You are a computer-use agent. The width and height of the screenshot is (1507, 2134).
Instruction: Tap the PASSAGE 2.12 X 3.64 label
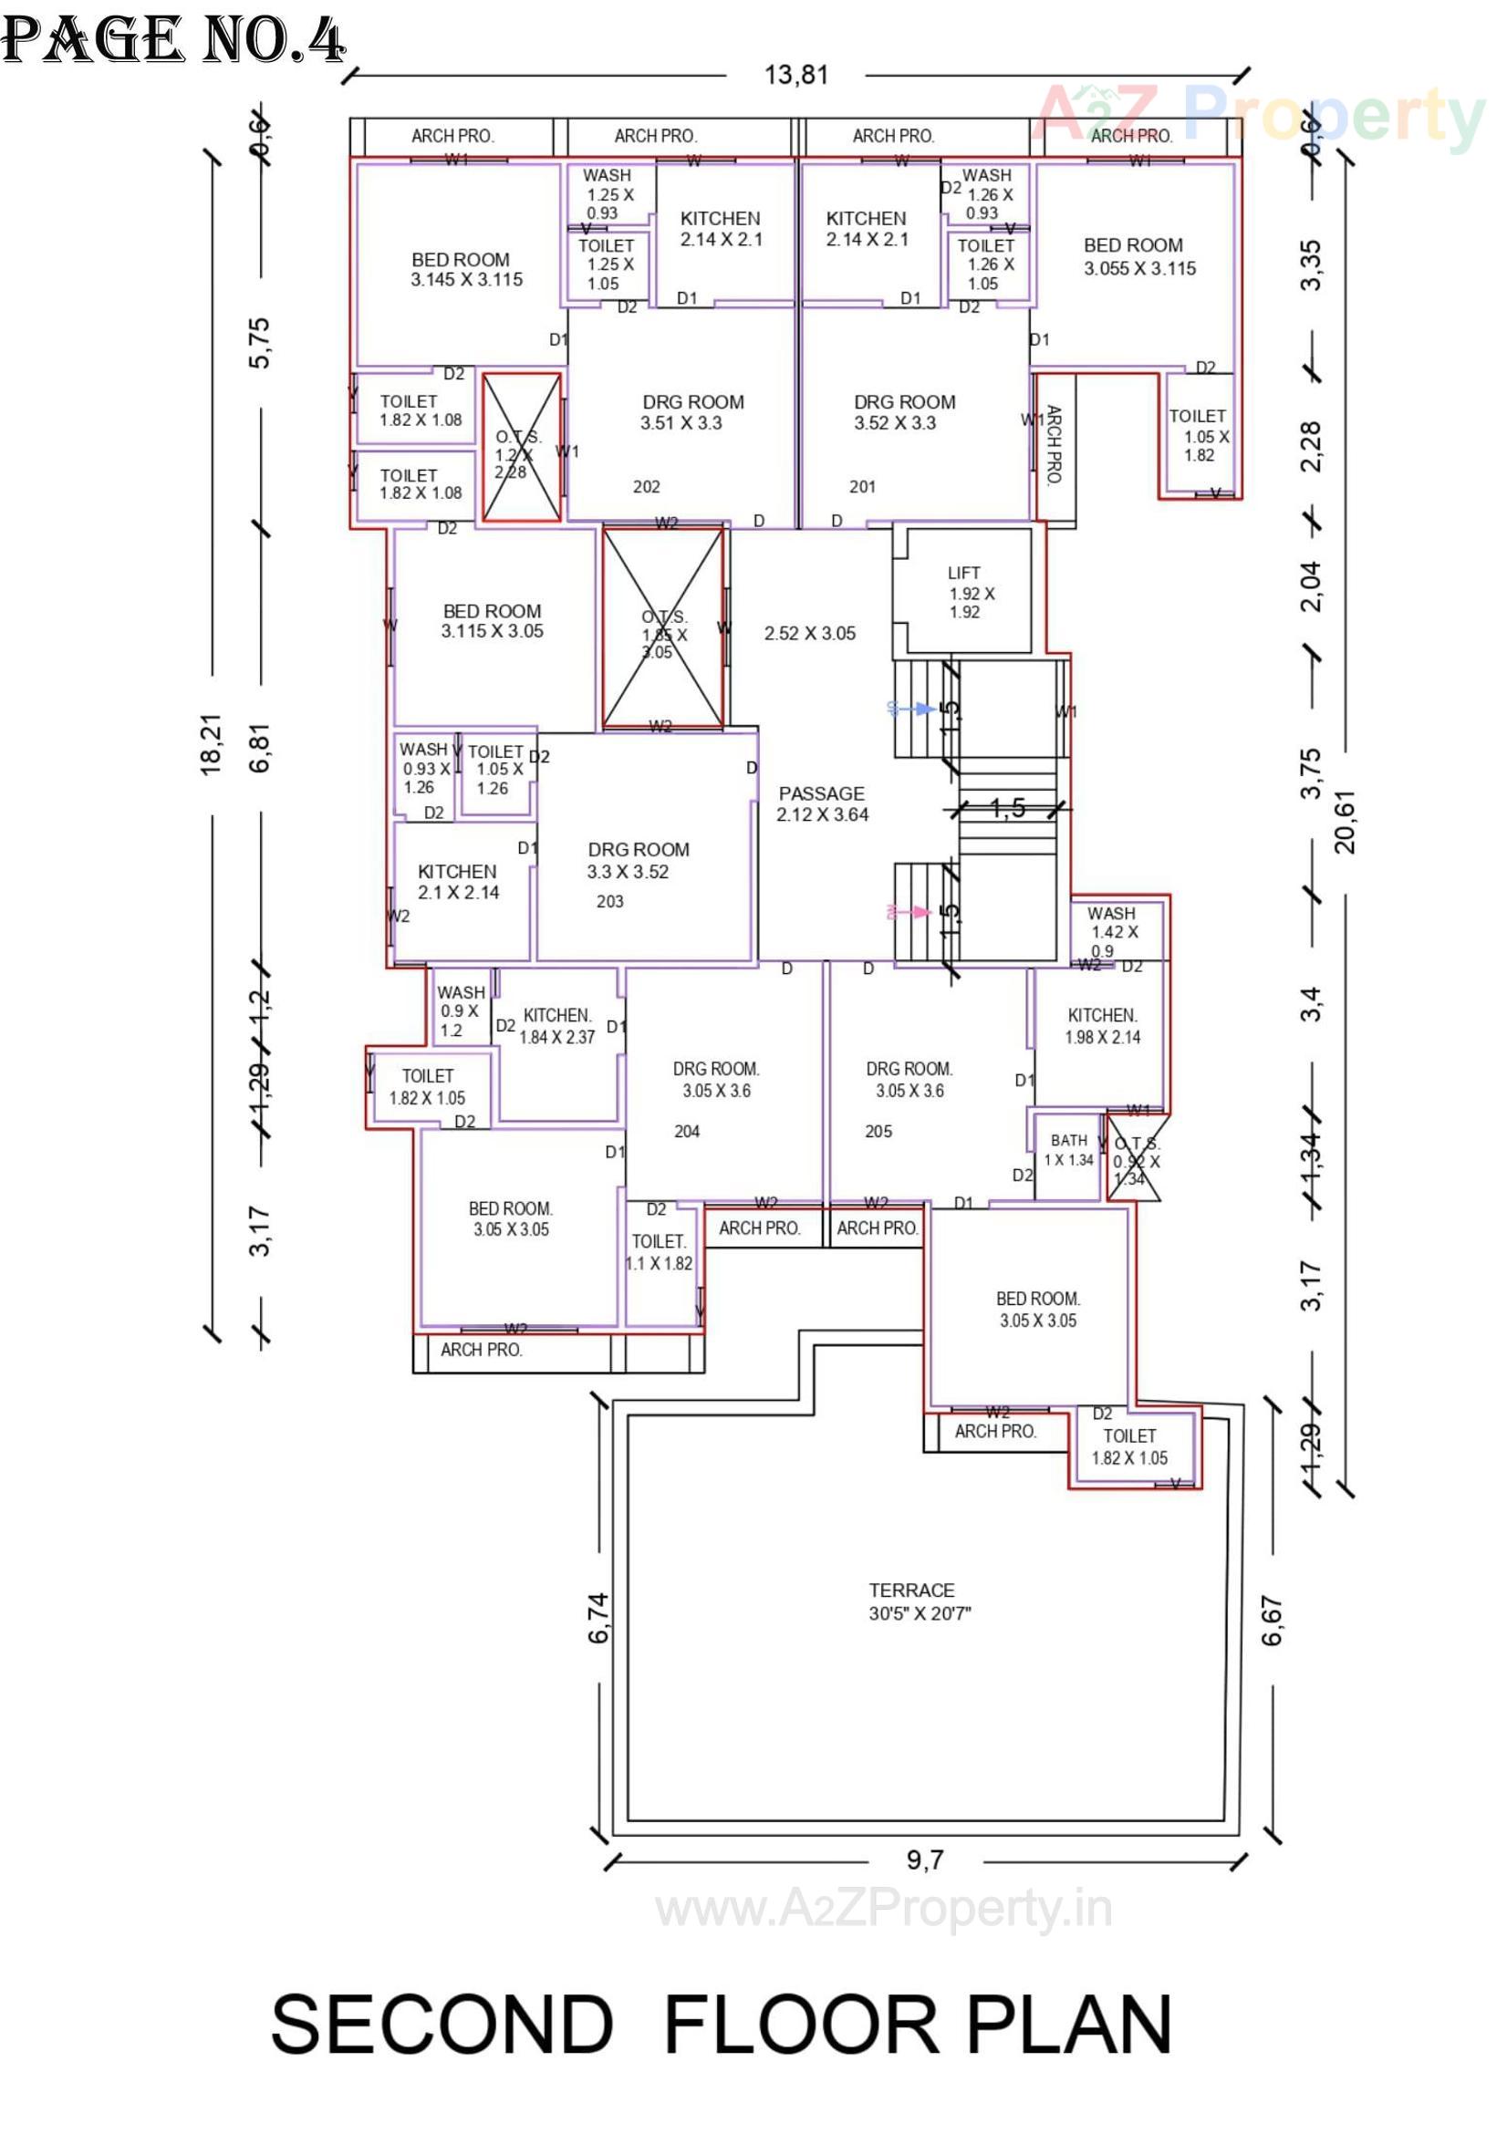[x=822, y=804]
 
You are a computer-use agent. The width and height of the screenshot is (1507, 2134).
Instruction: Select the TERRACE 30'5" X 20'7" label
[x=918, y=1601]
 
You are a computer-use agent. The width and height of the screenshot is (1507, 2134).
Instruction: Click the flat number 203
[x=610, y=901]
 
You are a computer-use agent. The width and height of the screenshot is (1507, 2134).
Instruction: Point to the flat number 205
[x=878, y=1131]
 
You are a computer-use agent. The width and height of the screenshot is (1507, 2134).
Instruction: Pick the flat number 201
[x=862, y=486]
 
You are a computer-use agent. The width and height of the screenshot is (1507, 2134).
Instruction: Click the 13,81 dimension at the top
[x=795, y=75]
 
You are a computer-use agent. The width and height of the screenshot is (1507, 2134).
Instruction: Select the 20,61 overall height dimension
[x=1346, y=822]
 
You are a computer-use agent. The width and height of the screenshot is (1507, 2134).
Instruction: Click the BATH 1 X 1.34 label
[x=1069, y=1150]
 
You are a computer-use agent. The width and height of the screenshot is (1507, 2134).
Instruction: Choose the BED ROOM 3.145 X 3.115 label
[x=466, y=270]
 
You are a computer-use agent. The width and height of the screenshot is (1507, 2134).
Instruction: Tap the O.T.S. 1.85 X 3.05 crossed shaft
[x=664, y=627]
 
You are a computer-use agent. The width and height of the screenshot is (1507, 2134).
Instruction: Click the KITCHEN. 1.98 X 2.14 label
[x=1102, y=1026]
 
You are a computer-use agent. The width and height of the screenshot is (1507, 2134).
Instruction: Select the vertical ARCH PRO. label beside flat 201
[x=1054, y=445]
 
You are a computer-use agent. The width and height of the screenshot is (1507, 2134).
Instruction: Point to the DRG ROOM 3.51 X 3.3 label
[x=692, y=411]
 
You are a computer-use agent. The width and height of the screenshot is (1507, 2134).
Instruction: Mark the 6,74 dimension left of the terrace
[x=598, y=1617]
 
